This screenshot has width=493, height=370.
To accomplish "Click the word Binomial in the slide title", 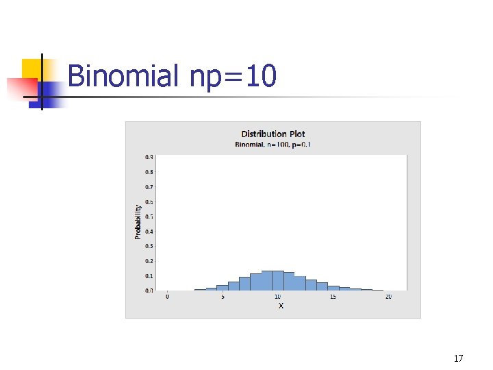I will (x=123, y=75).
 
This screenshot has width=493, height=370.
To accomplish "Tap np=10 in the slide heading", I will (x=233, y=75).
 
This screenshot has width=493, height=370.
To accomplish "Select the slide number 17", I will (x=459, y=358).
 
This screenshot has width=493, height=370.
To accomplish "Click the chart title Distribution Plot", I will (x=273, y=134).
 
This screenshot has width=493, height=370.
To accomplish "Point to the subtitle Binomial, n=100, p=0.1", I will (x=273, y=145).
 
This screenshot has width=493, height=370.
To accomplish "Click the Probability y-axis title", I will (x=138, y=221).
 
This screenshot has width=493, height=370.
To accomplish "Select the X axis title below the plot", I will (x=281, y=306).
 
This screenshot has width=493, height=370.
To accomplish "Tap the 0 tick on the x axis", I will (x=167, y=297).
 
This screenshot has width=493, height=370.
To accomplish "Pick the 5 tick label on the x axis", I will (x=223, y=297).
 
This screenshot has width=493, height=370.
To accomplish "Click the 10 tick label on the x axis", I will (x=277, y=297).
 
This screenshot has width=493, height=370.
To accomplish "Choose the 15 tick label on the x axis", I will (x=333, y=297).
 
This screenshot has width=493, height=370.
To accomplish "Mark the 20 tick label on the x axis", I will (x=388, y=297).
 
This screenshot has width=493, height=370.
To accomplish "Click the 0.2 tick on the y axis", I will (x=149, y=260).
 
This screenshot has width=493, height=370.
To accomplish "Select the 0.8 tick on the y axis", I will (x=149, y=171).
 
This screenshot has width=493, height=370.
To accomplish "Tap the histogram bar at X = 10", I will (x=277, y=281).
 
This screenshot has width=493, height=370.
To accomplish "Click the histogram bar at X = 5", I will (x=223, y=288).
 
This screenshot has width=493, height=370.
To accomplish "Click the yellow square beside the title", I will (x=33, y=69).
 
